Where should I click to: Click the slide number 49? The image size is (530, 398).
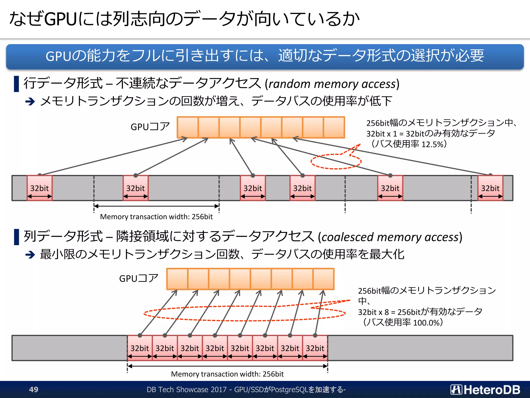coord(34,389)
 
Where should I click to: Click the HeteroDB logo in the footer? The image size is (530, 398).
coord(485,390)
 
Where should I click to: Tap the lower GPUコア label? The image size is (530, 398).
coord(139,279)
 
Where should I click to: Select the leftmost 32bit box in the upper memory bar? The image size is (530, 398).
coord(40,188)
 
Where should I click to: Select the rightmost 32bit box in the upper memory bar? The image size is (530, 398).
coord(490,188)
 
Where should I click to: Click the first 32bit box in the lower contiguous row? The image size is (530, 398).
coord(140,348)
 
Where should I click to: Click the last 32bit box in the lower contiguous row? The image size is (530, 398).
coord(315,348)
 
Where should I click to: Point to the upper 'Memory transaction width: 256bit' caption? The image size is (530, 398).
coord(156,217)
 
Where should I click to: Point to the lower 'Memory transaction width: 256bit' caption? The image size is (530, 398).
coord(227,374)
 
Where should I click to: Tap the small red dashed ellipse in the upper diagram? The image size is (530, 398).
coord(336,161)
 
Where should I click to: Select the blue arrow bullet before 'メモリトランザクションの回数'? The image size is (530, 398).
coord(30,101)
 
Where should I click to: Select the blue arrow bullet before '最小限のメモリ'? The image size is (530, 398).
coord(30,255)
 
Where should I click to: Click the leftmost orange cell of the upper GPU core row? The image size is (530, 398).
coord(188,127)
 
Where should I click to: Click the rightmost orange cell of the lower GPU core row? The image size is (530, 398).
coord(323,279)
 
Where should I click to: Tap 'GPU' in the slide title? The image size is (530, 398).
coord(60,19)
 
